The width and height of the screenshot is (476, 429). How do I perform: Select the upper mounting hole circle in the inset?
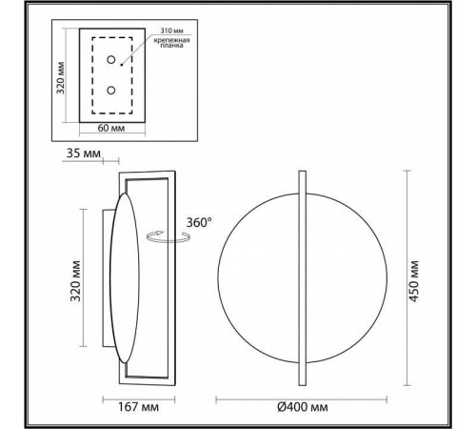[x=112, y=60]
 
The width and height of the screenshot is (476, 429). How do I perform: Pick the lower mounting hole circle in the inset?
[x=112, y=91]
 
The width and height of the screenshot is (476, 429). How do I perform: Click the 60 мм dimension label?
[x=112, y=127]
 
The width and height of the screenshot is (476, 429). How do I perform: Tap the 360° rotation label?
[x=199, y=221]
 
